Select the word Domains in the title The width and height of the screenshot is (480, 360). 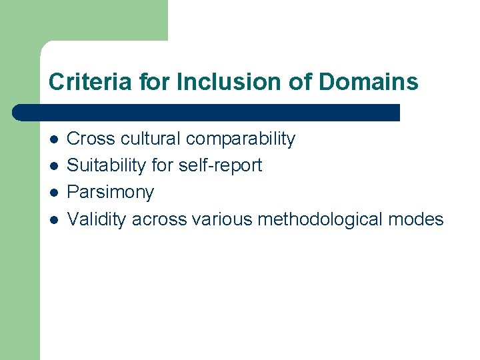(369, 82)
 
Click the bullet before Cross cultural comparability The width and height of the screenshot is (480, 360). (54, 139)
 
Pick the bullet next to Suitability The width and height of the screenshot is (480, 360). (54, 166)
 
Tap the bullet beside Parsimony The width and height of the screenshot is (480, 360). (54, 193)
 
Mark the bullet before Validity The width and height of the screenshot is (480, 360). (54, 219)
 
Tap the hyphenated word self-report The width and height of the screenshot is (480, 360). (221, 166)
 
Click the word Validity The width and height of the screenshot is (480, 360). (97, 219)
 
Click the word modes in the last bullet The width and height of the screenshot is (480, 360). (418, 219)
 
